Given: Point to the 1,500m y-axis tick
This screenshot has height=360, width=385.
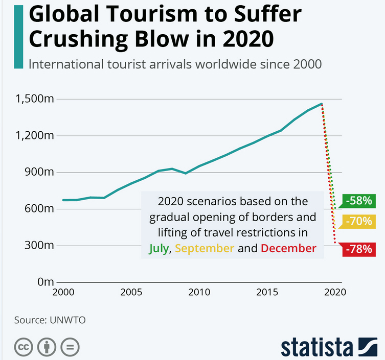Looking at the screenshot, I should coord(36,99).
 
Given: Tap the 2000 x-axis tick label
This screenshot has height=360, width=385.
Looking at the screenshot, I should coord(63,293).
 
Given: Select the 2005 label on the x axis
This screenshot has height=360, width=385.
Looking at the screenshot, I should coord(131,293).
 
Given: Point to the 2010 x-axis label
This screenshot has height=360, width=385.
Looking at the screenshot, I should coord(199,293).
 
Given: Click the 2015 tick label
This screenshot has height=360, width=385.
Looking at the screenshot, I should coord(267,293).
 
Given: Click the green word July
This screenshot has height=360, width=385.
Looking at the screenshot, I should coord(158,249).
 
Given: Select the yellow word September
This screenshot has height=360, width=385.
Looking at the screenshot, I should coord(205,249).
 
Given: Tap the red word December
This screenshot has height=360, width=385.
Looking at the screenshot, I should coord(288,249).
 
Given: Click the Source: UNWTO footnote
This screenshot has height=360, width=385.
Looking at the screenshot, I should coord(50,320).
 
